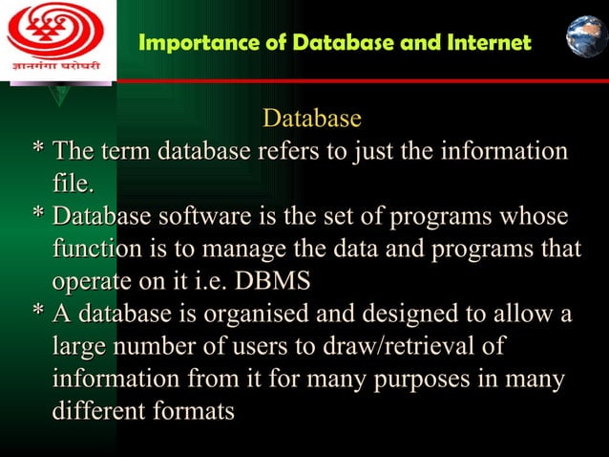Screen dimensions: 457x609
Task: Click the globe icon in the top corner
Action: (x=585, y=36)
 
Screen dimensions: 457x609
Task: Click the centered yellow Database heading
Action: (x=312, y=119)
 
